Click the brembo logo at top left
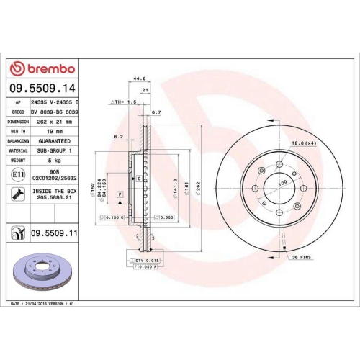(x=41, y=68)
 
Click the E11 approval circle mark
(x=17, y=174)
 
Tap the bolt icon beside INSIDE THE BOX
(x=17, y=194)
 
